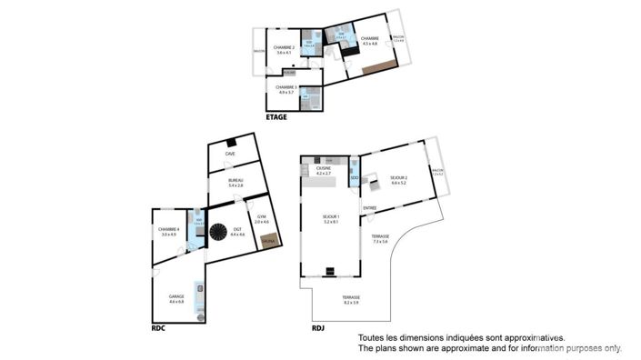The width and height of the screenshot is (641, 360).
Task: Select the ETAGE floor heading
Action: point(276,117)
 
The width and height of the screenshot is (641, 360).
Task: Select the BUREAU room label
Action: point(235,183)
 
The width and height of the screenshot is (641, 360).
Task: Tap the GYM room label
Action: point(262,218)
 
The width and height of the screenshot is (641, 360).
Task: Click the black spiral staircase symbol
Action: point(218,233)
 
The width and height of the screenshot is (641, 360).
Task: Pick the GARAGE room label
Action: point(176,297)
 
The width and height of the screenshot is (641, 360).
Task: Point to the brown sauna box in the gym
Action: point(268,241)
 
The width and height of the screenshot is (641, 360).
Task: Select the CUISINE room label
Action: point(323,169)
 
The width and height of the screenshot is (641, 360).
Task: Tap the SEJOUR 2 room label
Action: point(398,178)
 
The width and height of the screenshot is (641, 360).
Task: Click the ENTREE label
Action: point(370,208)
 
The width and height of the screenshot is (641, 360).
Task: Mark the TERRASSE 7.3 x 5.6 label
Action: point(379,238)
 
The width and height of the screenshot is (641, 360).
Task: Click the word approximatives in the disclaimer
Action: point(536,337)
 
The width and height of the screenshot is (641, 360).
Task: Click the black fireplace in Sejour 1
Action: point(330,270)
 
